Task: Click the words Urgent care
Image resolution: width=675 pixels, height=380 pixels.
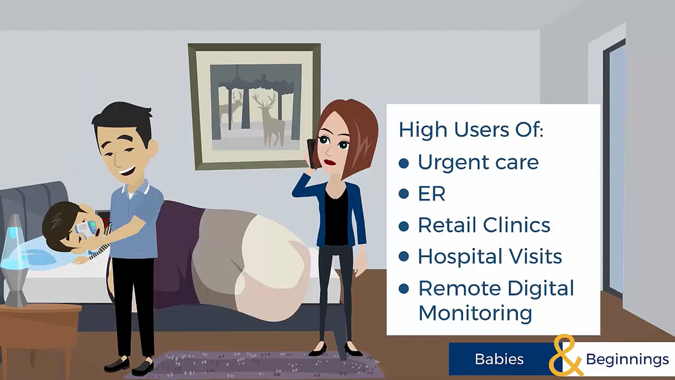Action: click(478, 162)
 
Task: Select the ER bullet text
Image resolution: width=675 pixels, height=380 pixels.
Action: click(431, 194)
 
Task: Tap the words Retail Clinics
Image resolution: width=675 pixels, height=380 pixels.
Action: click(484, 225)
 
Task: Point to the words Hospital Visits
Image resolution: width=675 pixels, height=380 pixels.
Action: click(490, 256)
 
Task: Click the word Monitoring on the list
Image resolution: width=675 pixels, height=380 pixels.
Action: click(475, 312)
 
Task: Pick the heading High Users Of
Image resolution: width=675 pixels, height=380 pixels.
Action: click(471, 129)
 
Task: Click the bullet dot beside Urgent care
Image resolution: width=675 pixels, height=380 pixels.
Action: click(404, 163)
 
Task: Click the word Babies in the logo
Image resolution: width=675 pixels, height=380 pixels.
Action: click(499, 359)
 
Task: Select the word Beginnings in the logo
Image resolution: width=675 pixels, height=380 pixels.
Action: click(627, 359)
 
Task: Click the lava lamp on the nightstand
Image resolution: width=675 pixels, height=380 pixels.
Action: click(15, 260)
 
